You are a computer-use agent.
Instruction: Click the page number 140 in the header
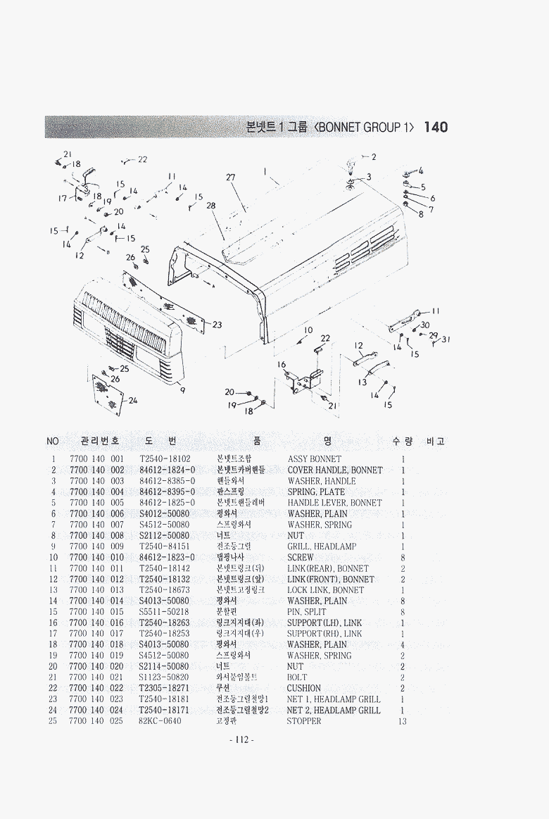(436, 127)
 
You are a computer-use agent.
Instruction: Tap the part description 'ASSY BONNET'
(314, 459)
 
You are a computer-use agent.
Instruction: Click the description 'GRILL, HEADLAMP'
(322, 546)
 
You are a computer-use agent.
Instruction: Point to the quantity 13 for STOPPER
(403, 721)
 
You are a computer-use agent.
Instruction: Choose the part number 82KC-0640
(160, 721)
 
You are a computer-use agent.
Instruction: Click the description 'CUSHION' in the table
(304, 688)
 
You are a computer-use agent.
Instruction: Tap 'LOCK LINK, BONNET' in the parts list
(325, 590)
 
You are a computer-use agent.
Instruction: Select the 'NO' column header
(53, 442)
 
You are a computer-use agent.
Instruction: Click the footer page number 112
(241, 739)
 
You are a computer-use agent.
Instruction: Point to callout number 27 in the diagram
(231, 177)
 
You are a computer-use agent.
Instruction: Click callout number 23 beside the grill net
(217, 325)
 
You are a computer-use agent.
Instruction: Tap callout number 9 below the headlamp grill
(182, 390)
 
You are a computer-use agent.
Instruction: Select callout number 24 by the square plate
(133, 401)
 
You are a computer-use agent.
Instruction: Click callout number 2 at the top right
(374, 156)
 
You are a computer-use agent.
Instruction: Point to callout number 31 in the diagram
(446, 339)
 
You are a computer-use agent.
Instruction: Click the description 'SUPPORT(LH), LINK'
(324, 623)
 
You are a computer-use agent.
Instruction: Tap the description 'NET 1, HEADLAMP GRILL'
(334, 699)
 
